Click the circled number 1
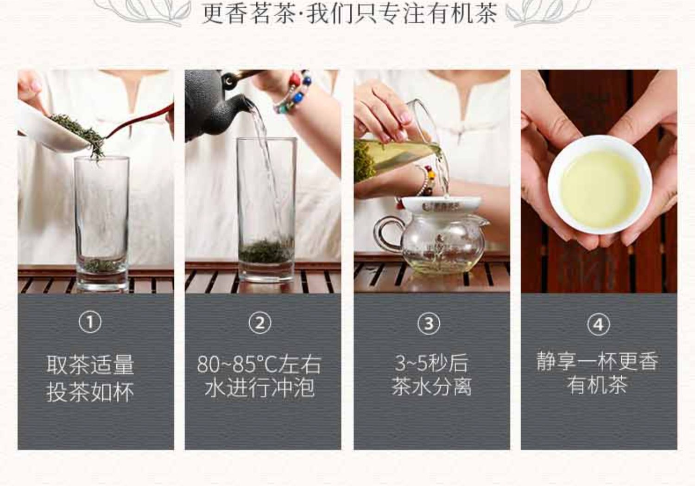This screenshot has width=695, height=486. [90, 322]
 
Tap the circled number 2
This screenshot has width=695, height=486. [259, 323]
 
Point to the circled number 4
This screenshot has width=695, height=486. [599, 325]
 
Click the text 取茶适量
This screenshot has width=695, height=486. [90, 364]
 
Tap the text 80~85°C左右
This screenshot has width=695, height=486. [259, 364]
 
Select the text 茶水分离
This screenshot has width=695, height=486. [431, 387]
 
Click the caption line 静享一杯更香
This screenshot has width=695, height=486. [597, 361]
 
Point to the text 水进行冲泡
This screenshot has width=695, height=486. [259, 388]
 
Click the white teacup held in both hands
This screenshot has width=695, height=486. [600, 185]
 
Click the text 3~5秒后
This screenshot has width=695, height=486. [431, 363]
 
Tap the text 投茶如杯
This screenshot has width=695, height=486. [90, 392]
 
